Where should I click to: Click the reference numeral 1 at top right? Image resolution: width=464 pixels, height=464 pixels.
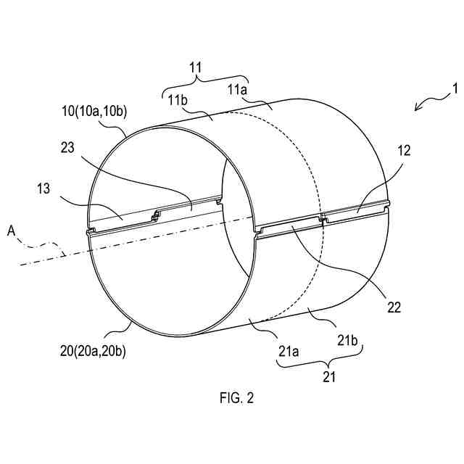455,90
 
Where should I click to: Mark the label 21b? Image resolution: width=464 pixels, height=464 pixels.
348,341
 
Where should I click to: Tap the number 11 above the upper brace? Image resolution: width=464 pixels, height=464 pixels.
196,66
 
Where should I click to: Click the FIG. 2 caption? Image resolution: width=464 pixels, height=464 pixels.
237,397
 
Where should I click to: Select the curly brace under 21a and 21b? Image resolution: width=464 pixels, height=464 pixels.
320,362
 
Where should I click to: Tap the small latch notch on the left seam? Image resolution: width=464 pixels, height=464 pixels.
155,213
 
